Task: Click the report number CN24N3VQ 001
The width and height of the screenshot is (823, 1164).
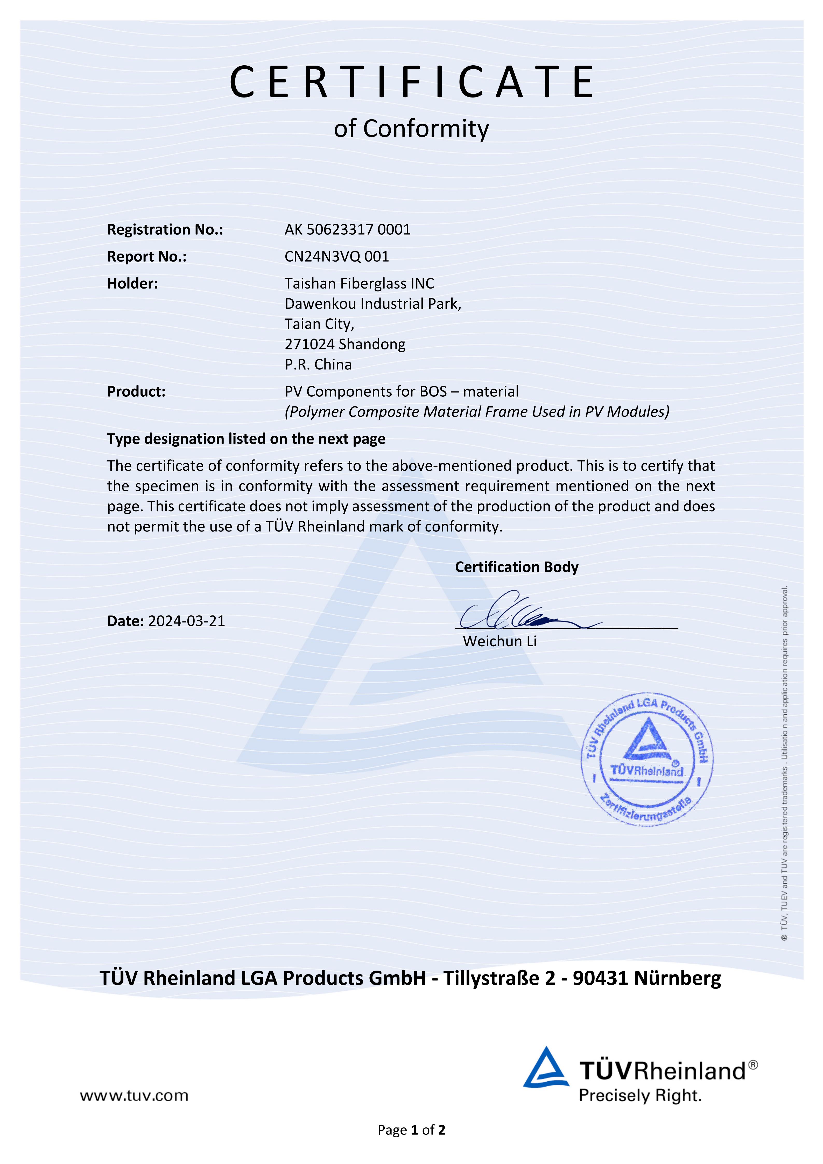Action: tap(336, 257)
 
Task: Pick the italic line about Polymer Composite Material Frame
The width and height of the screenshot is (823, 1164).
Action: tap(476, 412)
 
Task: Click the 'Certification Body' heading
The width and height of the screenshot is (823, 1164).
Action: tap(516, 567)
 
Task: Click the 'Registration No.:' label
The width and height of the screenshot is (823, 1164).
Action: tap(165, 230)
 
